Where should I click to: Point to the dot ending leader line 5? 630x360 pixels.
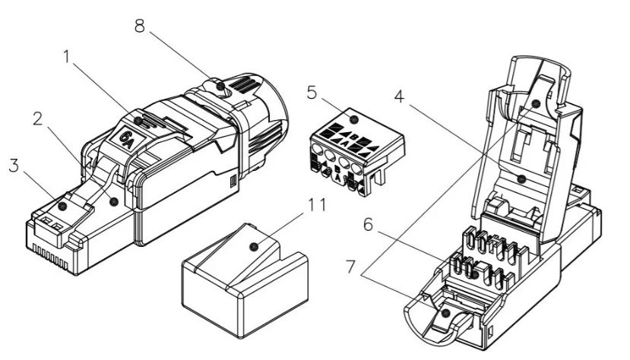pos(353,119)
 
